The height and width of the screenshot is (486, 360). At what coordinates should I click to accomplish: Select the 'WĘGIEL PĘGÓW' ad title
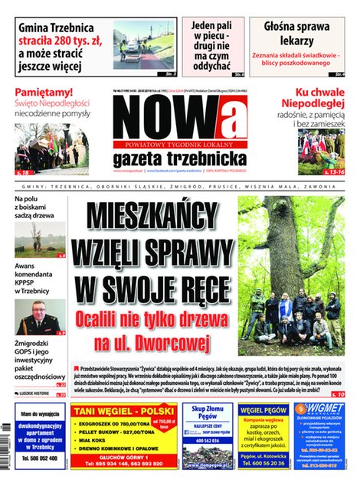point(263,410)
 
